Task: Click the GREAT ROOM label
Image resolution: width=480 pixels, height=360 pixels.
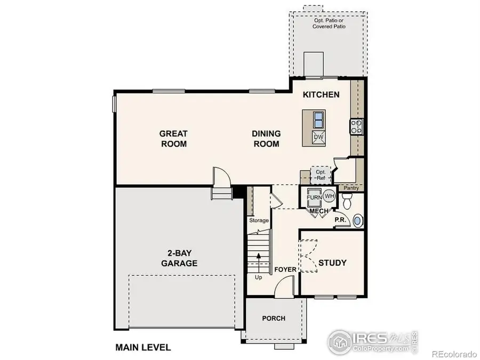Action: coord(173,139)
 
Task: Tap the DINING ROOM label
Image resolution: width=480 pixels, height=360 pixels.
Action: coord(266,139)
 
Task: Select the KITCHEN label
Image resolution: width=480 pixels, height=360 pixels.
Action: coord(321,95)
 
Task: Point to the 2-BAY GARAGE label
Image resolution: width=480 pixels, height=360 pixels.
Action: coord(179,258)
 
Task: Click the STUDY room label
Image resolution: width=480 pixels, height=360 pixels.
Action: coord(332,263)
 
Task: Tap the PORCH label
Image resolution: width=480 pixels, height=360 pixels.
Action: coord(274,318)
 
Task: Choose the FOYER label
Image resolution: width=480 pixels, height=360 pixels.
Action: coord(285,270)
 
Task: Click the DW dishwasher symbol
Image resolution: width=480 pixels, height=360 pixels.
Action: coord(318,138)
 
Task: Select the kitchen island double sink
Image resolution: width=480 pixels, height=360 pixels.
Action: coord(318,118)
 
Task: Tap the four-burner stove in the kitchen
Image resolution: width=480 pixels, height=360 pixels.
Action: coord(356,126)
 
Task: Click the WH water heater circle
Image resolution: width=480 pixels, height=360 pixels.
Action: coord(329,196)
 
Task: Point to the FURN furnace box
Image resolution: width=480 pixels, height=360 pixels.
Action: coord(314,198)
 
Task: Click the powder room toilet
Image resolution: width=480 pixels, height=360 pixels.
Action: coord(348,201)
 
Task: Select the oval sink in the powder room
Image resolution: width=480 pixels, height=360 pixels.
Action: coord(358,220)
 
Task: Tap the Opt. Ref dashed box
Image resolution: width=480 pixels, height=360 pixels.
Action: coord(321,175)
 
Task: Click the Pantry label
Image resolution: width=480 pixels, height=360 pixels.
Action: coord(350,188)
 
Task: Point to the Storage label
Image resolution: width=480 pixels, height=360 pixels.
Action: coord(259,220)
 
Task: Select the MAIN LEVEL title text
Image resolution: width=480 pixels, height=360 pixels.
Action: coord(143,348)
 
